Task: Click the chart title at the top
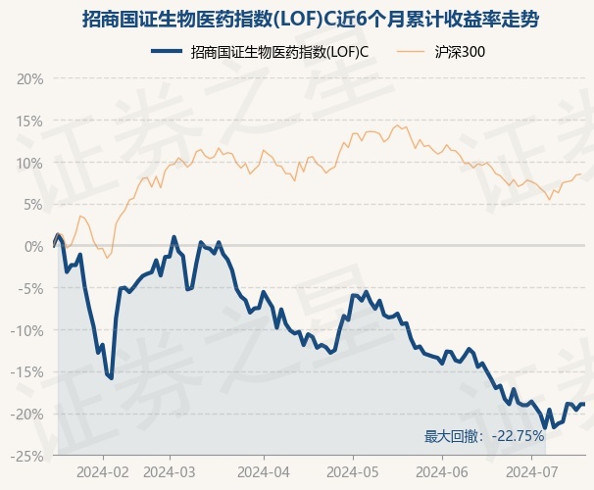pyautogui.click(x=297, y=20)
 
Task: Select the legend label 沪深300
pyautogui.click(x=460, y=51)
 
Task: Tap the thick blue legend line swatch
pyautogui.click(x=168, y=51)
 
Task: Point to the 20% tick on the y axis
pyautogui.click(x=30, y=79)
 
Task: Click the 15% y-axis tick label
pyautogui.click(x=30, y=122)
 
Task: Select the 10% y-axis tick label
pyautogui.click(x=30, y=164)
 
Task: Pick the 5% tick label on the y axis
pyautogui.click(x=33, y=205)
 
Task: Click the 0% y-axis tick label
pyautogui.click(x=33, y=247)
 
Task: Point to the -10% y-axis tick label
pyautogui.click(x=27, y=331)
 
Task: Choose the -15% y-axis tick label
pyautogui.click(x=27, y=372)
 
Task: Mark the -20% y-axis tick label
pyautogui.click(x=27, y=415)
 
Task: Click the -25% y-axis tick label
pyautogui.click(x=27, y=456)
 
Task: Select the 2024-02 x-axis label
pyautogui.click(x=105, y=471)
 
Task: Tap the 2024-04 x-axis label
pyautogui.click(x=265, y=471)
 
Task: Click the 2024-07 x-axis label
pyautogui.click(x=530, y=471)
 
